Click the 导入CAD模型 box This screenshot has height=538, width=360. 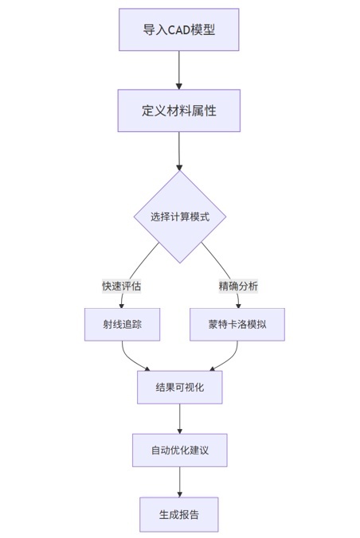(179, 30)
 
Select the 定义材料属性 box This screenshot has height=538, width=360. (179, 111)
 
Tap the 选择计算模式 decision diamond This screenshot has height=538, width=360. (180, 216)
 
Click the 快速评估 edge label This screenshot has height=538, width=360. (122, 286)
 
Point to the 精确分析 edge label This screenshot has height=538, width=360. (238, 286)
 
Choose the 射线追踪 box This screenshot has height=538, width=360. (123, 324)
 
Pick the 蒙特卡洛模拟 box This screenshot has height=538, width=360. (237, 324)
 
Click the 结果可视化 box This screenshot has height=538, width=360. (180, 388)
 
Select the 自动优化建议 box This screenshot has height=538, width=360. (180, 450)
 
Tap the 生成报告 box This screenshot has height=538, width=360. (179, 514)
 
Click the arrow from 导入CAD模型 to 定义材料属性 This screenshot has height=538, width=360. (179, 70)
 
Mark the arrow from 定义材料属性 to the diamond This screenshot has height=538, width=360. (179, 151)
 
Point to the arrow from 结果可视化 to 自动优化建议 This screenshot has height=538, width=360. (180, 419)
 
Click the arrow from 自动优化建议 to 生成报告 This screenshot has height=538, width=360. (180, 482)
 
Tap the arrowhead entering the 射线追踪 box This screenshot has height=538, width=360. (121, 306)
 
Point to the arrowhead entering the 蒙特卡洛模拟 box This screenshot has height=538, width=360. (239, 306)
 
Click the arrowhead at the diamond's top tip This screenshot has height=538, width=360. (179, 167)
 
